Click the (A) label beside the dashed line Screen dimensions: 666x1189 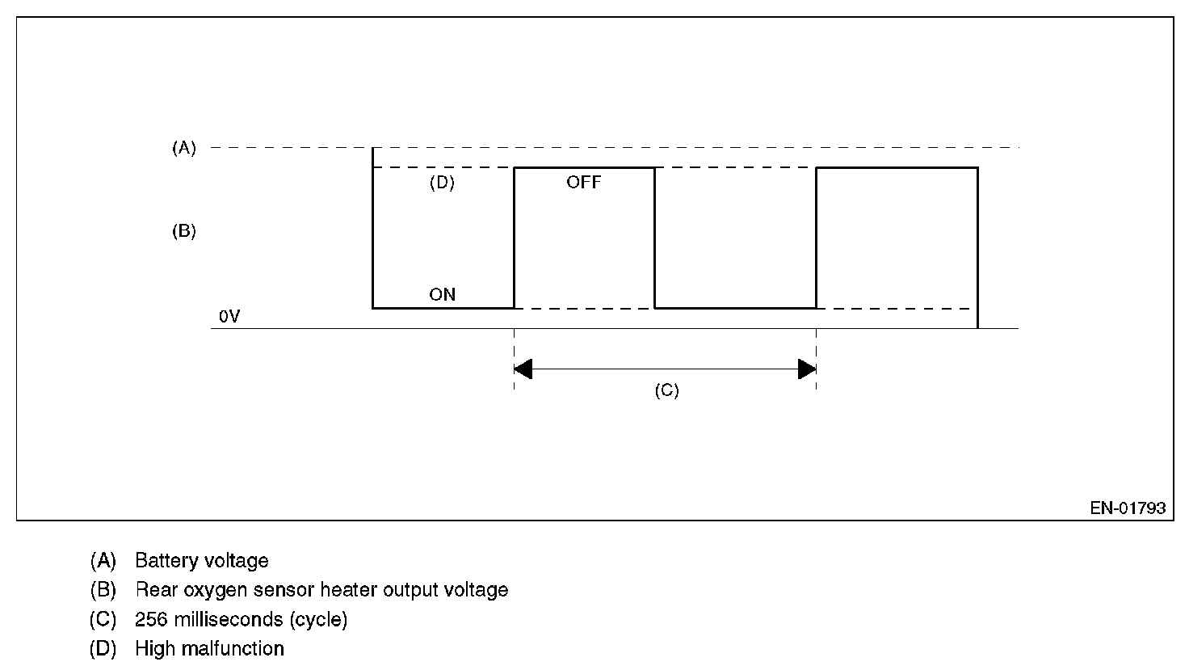click(184, 148)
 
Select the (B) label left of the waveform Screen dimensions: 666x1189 click(184, 231)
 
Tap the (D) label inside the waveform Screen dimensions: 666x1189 click(442, 183)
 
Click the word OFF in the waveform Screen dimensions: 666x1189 click(583, 183)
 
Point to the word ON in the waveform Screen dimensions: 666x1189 click(442, 294)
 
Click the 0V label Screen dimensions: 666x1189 click(229, 318)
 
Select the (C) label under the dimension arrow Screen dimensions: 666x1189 click(666, 390)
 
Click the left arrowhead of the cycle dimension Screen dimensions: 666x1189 click(523, 369)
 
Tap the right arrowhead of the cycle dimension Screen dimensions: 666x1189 click(806, 369)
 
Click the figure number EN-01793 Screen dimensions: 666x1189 click(1128, 508)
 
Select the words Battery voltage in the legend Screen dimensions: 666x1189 click(202, 560)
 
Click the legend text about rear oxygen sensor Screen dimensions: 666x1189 click(321, 590)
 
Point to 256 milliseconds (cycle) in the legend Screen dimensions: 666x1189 click(241, 619)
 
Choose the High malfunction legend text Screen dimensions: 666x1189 click(209, 648)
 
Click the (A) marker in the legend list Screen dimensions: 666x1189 click(103, 560)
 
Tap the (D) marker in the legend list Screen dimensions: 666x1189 click(103, 648)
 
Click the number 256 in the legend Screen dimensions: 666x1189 click(150, 619)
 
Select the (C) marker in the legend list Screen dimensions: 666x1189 click(103, 619)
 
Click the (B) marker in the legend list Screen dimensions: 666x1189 click(103, 590)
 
